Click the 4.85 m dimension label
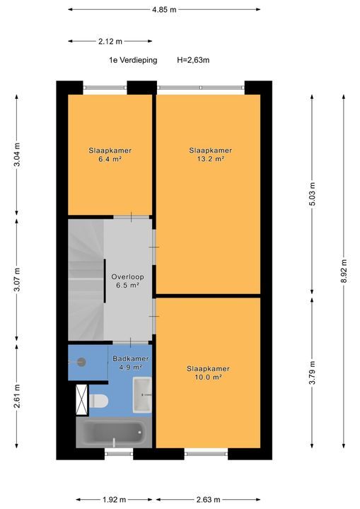click(x=164, y=10)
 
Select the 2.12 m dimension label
click(x=110, y=41)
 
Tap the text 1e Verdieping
click(x=133, y=60)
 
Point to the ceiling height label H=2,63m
click(x=193, y=60)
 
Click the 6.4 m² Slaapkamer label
click(x=110, y=155)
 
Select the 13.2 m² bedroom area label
click(x=211, y=155)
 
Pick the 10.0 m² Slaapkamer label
click(x=208, y=373)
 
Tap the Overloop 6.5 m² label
click(x=128, y=281)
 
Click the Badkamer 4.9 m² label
click(x=131, y=363)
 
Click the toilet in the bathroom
click(x=98, y=401)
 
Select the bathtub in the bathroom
click(x=114, y=433)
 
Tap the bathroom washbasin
click(x=142, y=394)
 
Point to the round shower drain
click(x=82, y=362)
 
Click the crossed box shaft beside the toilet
click(x=82, y=400)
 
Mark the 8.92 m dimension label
click(x=344, y=271)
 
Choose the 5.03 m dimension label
click(x=312, y=194)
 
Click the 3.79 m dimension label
click(x=312, y=373)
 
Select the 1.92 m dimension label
click(x=114, y=500)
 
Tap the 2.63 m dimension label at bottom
click(x=208, y=500)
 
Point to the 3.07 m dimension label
click(x=17, y=279)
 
